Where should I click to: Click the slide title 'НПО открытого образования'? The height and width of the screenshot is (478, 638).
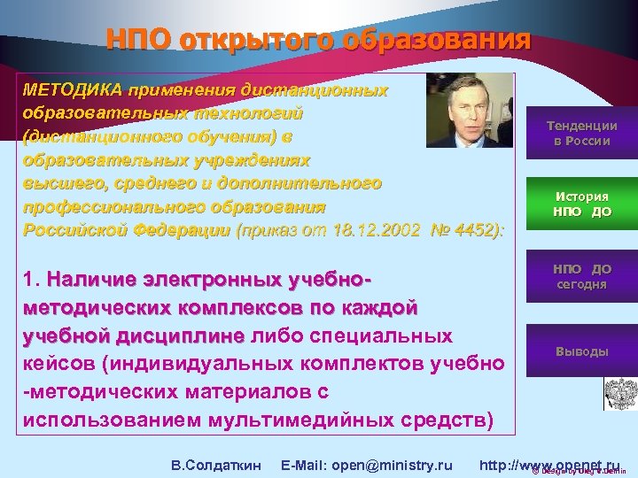318,40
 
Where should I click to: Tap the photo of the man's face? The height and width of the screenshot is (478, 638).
468,110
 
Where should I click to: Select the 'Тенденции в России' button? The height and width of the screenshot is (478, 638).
581,134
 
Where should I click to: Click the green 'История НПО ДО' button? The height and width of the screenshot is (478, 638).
581,204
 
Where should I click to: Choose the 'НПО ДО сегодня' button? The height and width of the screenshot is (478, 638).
581,276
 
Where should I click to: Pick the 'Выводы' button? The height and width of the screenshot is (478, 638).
581,351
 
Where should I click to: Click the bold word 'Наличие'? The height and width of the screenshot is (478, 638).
90,281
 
